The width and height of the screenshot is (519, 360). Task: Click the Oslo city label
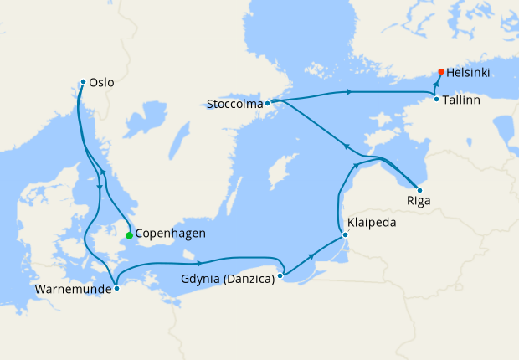pos(101,83)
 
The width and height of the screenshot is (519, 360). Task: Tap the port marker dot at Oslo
pos(83,82)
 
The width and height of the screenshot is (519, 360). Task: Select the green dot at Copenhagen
pos(129,235)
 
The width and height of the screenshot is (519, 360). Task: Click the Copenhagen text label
pos(170,234)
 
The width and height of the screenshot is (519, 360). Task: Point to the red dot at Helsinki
pos(441,72)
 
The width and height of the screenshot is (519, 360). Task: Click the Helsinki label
pos(469,73)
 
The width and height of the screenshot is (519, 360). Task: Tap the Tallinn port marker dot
pos(436,100)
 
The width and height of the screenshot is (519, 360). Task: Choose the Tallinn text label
pos(463,100)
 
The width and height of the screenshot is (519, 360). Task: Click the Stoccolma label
pos(234,105)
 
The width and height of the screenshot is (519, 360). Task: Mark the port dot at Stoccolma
pos(267,104)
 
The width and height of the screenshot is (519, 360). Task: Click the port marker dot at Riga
pos(419,189)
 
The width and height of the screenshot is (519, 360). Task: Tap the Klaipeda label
pos(371,224)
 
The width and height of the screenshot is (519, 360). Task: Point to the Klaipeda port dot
pos(345,234)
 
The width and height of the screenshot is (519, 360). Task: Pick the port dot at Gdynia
pos(280,274)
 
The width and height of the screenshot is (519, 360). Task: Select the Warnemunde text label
pos(69,291)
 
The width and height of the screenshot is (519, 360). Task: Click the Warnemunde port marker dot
pos(116,288)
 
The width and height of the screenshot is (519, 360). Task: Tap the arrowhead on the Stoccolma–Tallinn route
pos(347,91)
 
